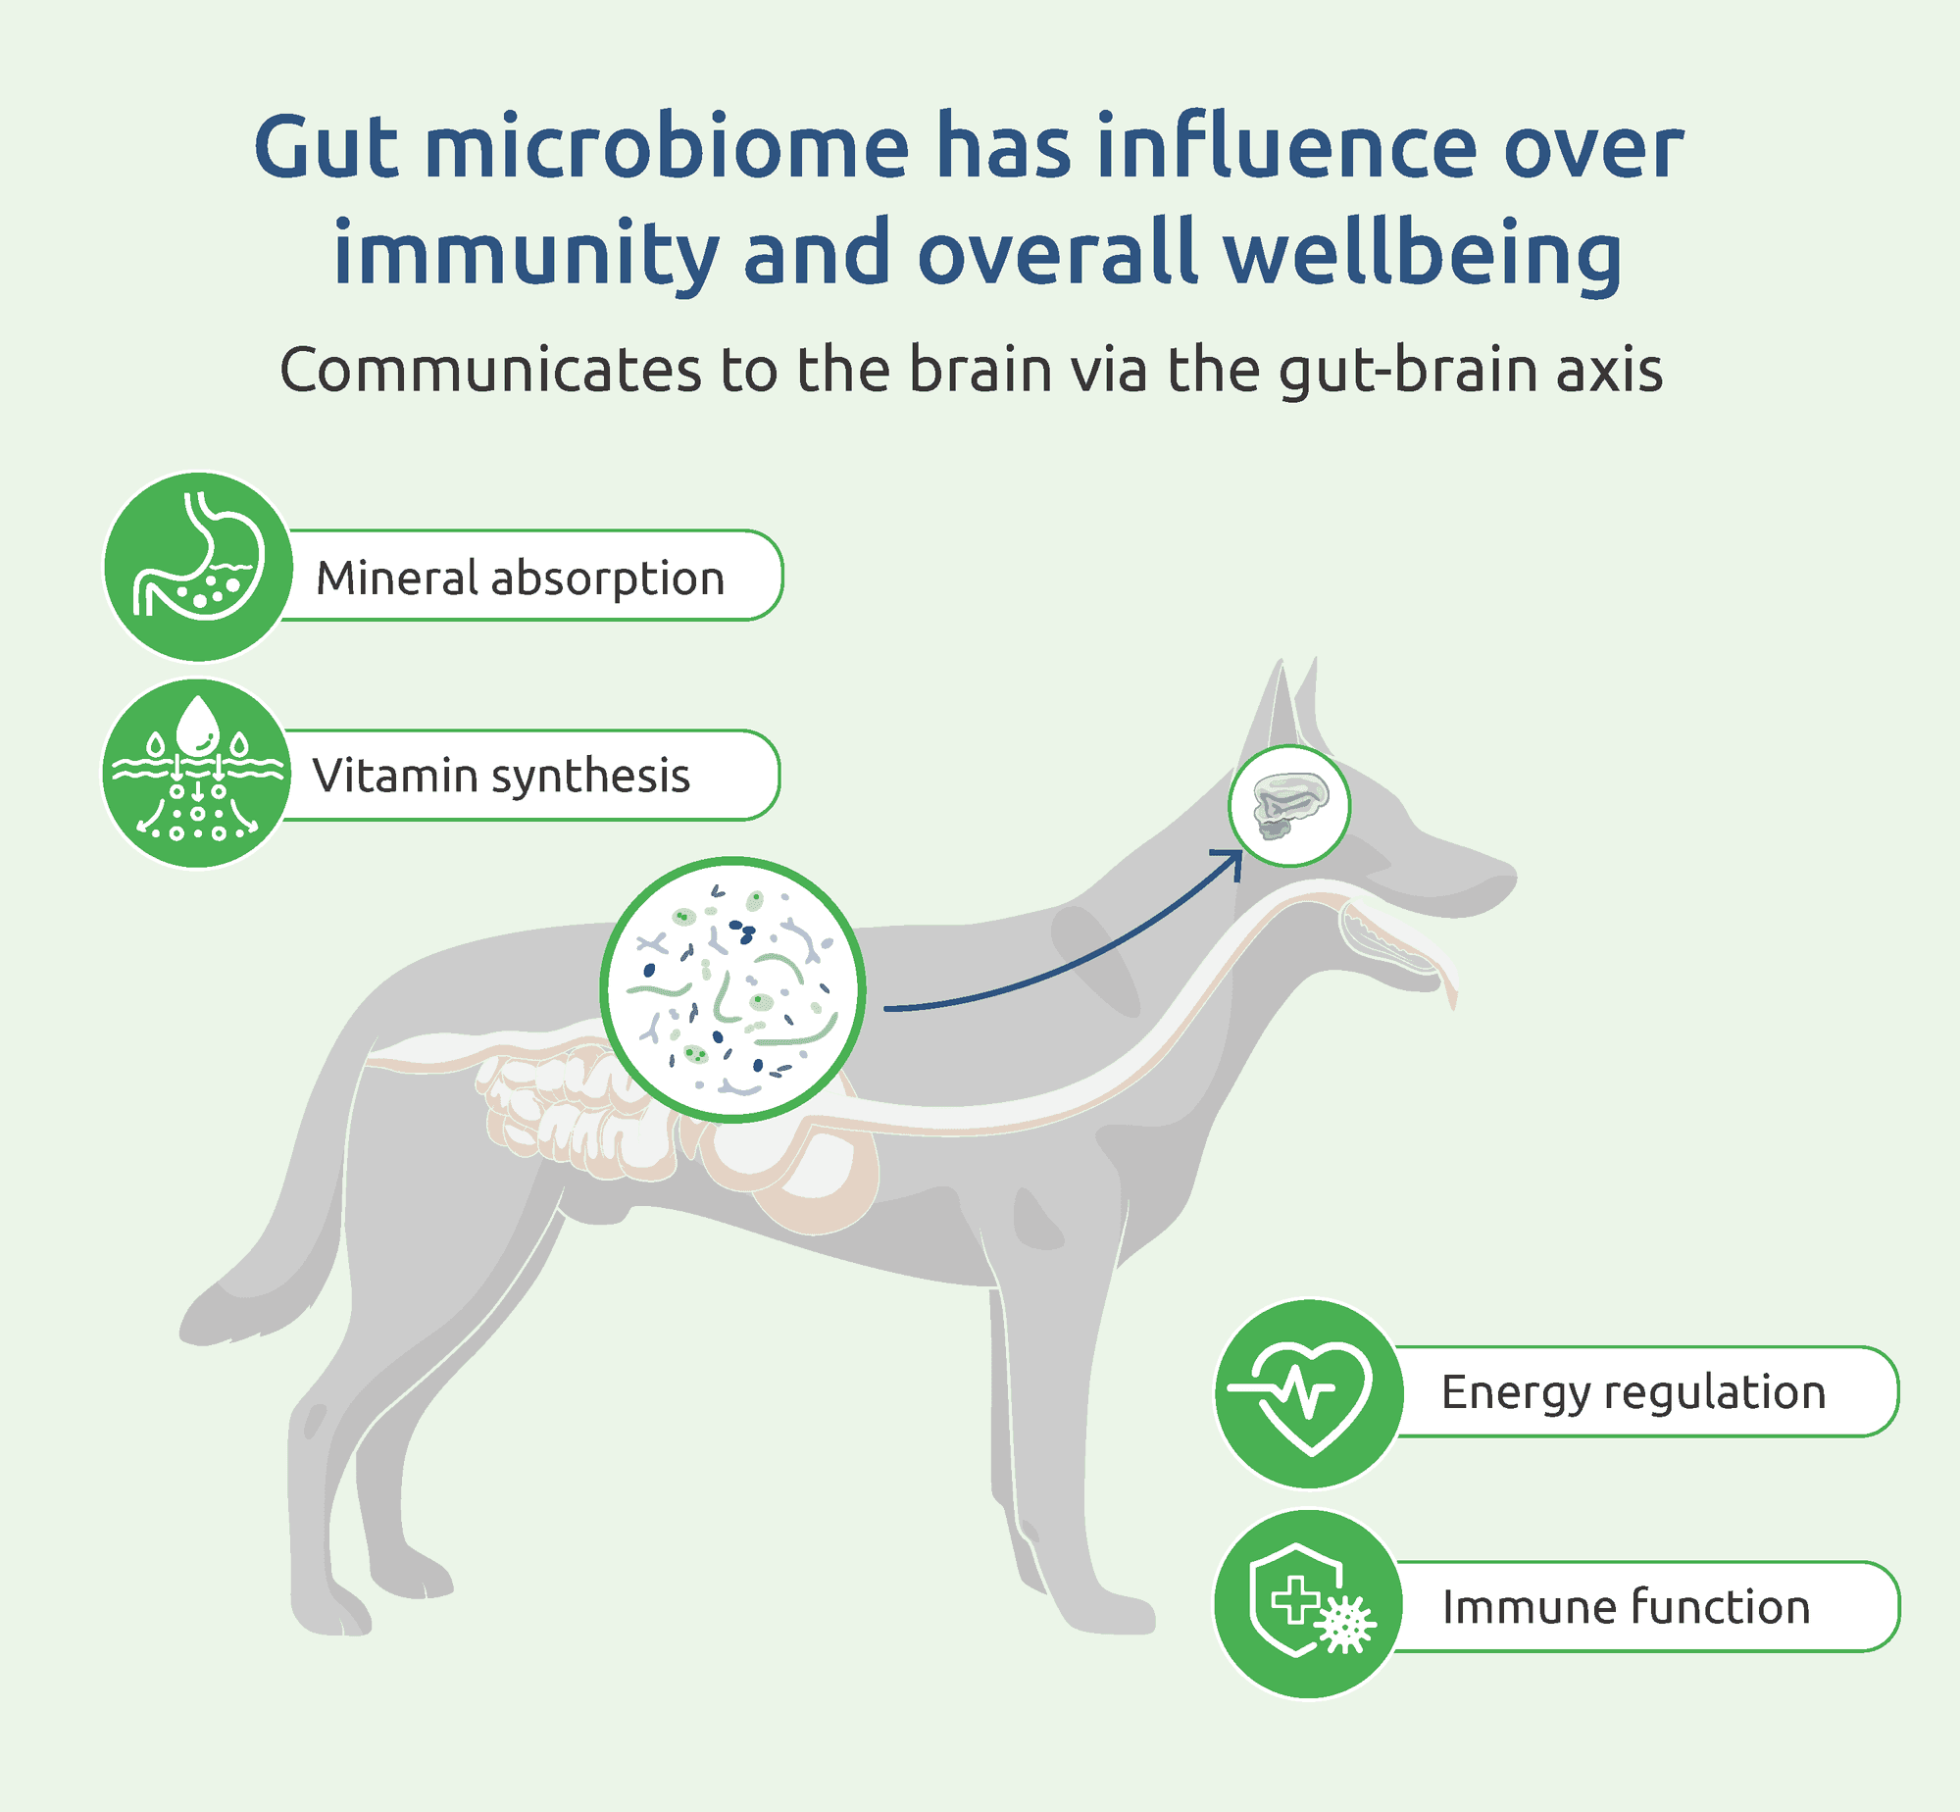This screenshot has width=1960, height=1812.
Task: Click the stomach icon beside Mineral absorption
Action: (x=198, y=567)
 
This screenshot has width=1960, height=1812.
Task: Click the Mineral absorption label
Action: (x=520, y=578)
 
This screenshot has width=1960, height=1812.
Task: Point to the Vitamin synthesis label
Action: (x=501, y=776)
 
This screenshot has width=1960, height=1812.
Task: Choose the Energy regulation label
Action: (x=1633, y=1393)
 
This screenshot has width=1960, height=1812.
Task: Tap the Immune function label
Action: (x=1626, y=1607)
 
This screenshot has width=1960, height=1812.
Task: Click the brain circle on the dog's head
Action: (x=1289, y=806)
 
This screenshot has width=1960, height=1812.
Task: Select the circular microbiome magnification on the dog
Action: (x=732, y=989)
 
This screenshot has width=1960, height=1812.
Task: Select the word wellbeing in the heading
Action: (x=1423, y=253)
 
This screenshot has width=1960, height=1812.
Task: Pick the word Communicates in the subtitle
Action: (x=491, y=370)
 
